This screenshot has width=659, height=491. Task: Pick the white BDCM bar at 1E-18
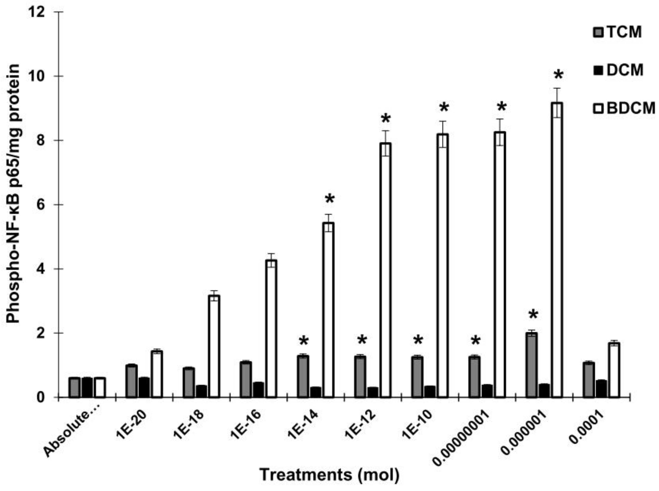point(214,346)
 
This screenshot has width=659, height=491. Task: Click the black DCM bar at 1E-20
point(144,387)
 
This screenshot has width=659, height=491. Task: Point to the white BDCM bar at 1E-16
point(271,328)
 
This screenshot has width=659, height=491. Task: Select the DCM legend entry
point(620,70)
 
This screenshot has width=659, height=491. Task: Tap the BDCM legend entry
point(624,108)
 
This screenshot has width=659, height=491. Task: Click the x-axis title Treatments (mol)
point(330,475)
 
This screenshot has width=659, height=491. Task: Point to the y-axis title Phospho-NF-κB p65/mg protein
point(13,193)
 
